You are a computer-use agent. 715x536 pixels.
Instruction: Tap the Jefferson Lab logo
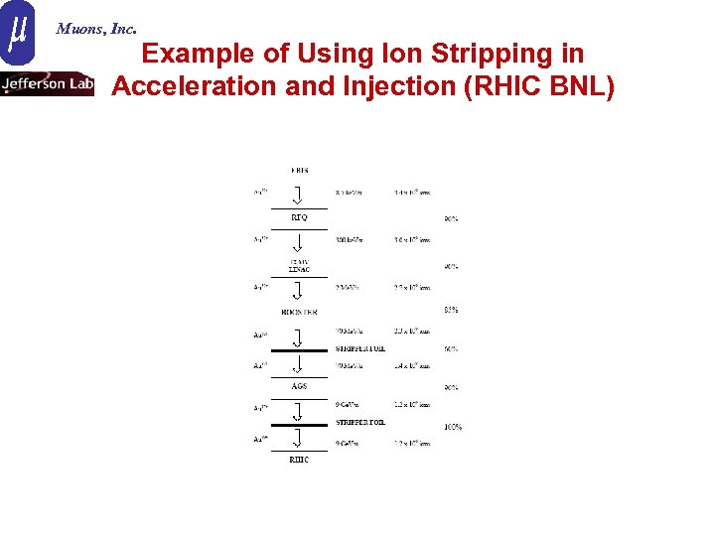tap(48, 84)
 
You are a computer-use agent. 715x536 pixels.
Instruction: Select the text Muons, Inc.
tap(96, 29)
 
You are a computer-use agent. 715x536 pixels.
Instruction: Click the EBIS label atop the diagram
tap(299, 171)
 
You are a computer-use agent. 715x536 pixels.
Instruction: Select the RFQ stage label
tap(299, 216)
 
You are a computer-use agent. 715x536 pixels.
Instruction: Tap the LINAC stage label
tap(299, 269)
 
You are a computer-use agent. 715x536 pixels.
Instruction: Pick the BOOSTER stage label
tap(299, 312)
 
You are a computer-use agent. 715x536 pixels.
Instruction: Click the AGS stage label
tap(299, 385)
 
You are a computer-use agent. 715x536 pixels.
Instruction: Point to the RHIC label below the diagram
tap(299, 460)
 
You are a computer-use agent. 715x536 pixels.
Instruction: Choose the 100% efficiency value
tap(452, 427)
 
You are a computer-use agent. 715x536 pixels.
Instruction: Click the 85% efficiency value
tap(451, 310)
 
